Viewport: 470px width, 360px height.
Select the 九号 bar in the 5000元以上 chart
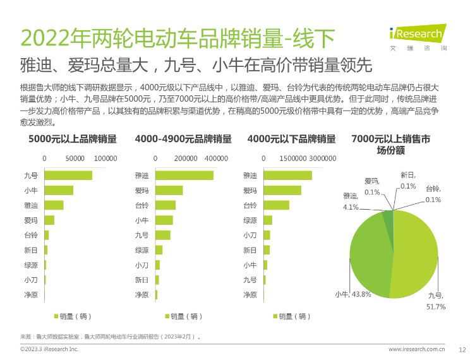68,175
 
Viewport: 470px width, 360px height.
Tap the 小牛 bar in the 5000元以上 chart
59,190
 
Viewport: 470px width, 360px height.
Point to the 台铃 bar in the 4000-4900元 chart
166,205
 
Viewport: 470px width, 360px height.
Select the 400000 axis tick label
217,159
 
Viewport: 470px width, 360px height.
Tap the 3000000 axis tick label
323,159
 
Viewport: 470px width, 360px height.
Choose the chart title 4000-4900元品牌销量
183,139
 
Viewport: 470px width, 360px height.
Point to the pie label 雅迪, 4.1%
351,201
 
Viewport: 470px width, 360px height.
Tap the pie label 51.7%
437,306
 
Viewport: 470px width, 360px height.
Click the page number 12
462,349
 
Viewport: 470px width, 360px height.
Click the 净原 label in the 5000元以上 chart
31,295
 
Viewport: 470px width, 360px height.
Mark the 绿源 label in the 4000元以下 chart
250,220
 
